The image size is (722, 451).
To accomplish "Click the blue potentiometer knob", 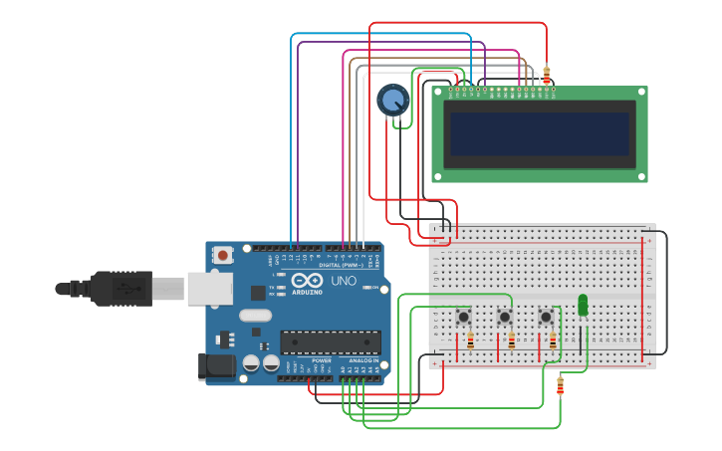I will pos(392,100).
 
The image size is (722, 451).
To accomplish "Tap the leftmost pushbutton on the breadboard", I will pos(463,317).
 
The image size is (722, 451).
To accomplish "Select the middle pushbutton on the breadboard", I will pos(505,317).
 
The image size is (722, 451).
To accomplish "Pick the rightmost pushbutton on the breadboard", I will pos(546,317).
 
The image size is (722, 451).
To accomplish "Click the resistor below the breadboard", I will pos(560,385).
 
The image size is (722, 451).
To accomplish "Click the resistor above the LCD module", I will pos(546,76).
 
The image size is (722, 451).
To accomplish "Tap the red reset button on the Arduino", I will pos(222,255).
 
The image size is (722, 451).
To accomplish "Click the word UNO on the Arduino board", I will pos(343,281).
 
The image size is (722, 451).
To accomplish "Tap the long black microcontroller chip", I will pos(330,342).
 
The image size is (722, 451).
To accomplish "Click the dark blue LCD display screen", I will pos(539,133).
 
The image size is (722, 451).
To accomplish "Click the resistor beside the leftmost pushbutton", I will pos(470,341).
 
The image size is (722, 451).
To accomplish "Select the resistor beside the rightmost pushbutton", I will pos(553,341).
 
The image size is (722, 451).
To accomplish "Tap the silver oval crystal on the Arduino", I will pos(255,315).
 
